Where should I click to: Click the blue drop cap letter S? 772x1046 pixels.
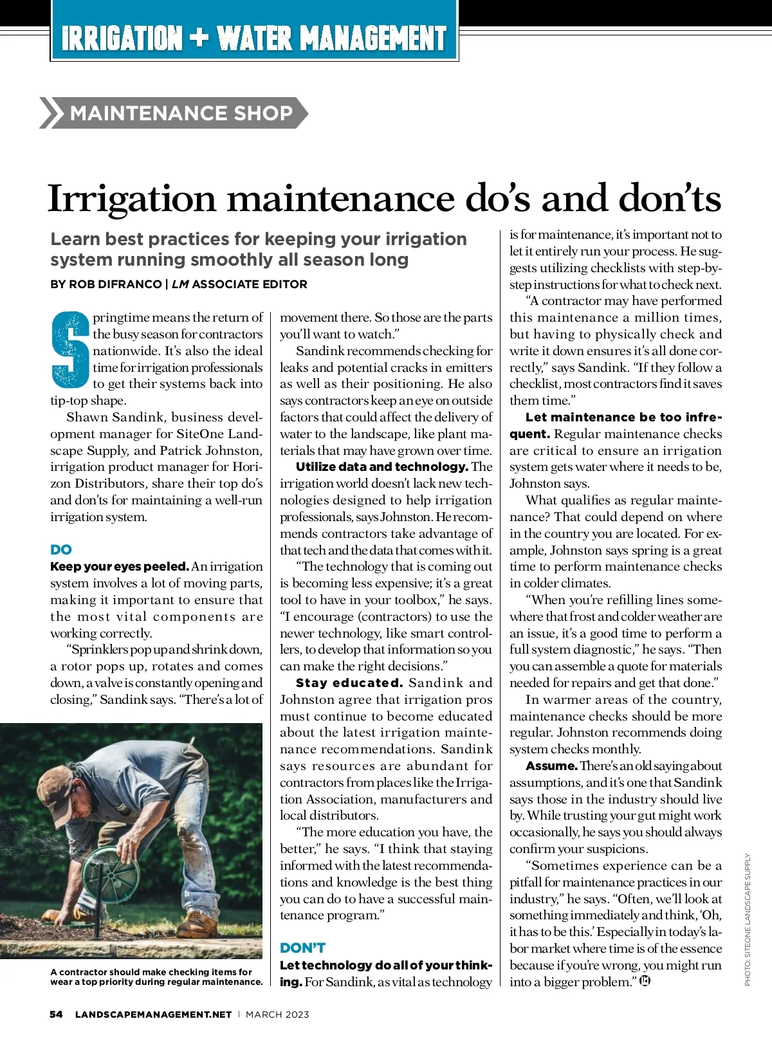pyautogui.click(x=69, y=351)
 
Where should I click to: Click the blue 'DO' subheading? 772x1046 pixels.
pyautogui.click(x=61, y=549)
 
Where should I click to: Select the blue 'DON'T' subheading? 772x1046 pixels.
pyautogui.click(x=302, y=948)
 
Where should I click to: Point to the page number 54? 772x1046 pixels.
pyautogui.click(x=56, y=1014)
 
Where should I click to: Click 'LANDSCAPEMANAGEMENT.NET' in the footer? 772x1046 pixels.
pyautogui.click(x=153, y=1014)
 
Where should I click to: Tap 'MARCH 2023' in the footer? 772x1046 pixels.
pyautogui.click(x=277, y=1014)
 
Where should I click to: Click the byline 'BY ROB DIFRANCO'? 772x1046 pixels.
pyautogui.click(x=106, y=284)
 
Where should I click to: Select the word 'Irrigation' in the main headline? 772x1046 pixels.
pyautogui.click(x=132, y=198)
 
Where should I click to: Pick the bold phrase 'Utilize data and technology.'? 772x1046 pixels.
pyautogui.click(x=381, y=467)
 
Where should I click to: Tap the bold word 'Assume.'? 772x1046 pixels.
pyautogui.click(x=551, y=766)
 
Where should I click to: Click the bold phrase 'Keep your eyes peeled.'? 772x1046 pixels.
pyautogui.click(x=119, y=567)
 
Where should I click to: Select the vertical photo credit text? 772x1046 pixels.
pyautogui.click(x=748, y=920)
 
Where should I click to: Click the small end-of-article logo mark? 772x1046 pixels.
pyautogui.click(x=645, y=981)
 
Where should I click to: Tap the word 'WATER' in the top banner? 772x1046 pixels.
pyautogui.click(x=255, y=39)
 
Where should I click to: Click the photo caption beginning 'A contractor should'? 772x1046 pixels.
pyautogui.click(x=156, y=977)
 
